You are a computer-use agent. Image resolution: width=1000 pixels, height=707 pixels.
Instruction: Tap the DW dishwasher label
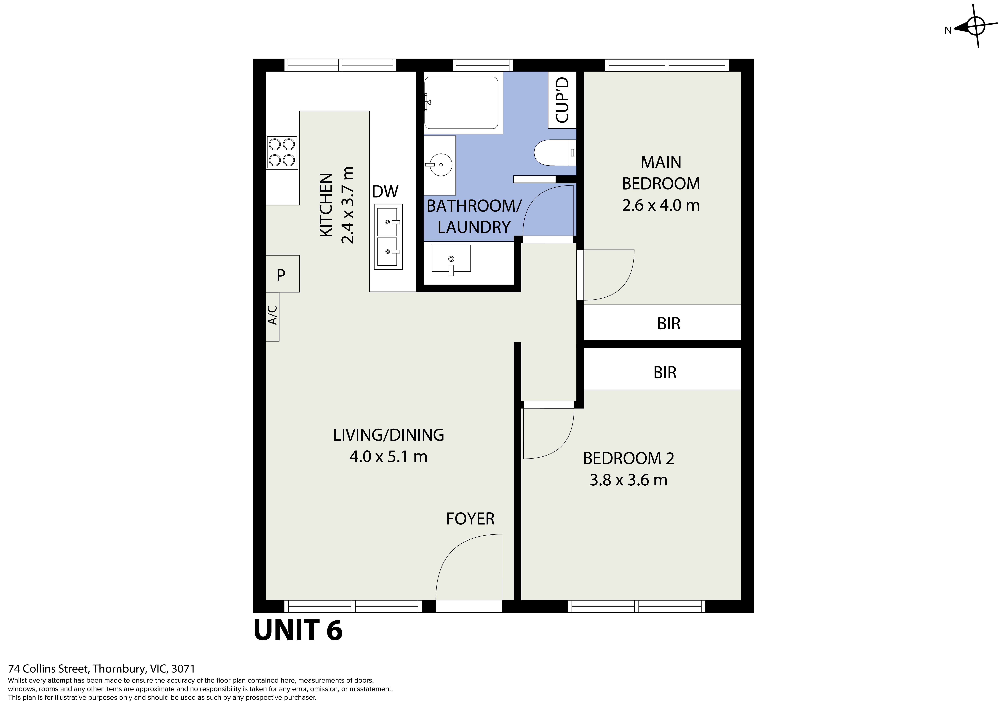pos(385,191)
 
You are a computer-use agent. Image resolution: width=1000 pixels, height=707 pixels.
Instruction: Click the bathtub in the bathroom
pos(461,103)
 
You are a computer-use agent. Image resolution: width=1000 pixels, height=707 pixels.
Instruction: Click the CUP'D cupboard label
pos(562,100)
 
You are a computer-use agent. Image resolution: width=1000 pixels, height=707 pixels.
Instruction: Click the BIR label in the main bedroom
pos(669,323)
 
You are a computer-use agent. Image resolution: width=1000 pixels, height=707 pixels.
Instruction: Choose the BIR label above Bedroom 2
pos(665,373)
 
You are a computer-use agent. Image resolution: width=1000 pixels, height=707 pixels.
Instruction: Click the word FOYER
pos(470,519)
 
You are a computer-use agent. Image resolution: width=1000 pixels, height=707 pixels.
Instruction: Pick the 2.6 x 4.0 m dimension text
pos(661,205)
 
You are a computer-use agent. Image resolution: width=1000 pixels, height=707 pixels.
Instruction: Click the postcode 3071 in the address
pos(183,669)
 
